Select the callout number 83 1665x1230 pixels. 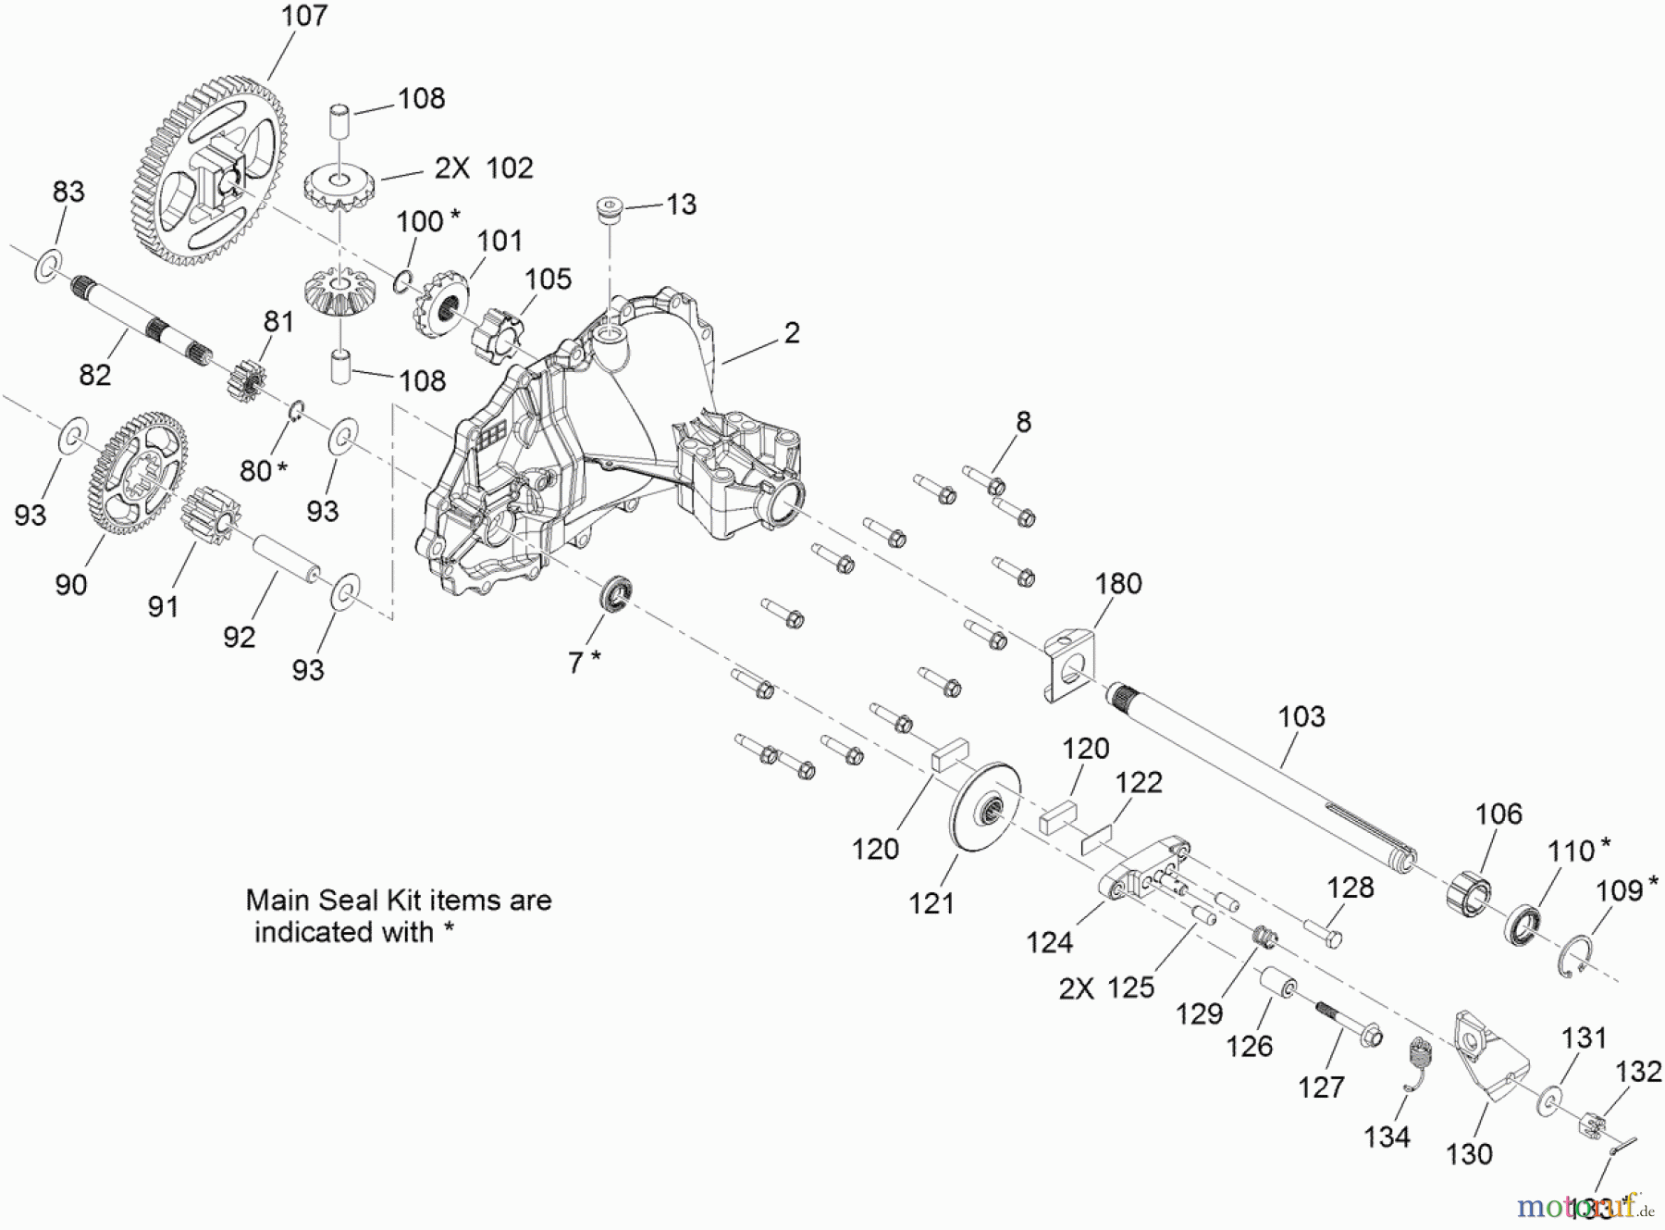[x=68, y=192]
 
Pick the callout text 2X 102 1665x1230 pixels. [x=484, y=168]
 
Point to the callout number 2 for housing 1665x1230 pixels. [x=792, y=333]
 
